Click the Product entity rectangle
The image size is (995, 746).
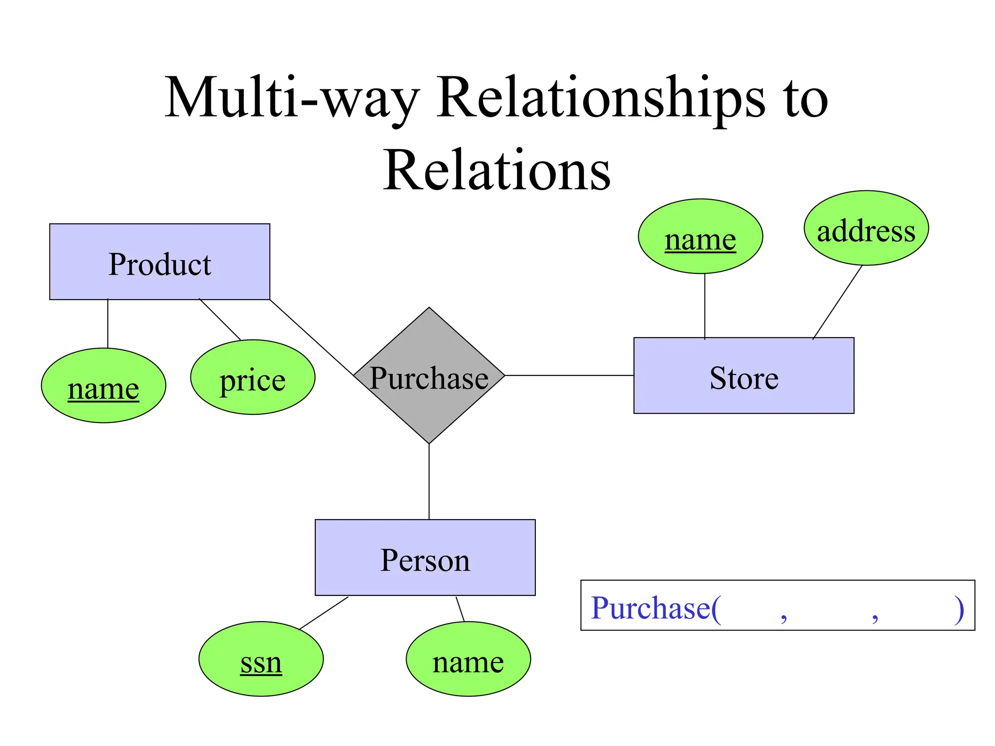pos(159,262)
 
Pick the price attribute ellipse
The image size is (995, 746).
pos(253,377)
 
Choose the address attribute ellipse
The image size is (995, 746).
pos(866,228)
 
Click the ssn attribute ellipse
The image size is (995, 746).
pos(261,659)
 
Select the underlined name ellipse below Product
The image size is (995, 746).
pos(103,386)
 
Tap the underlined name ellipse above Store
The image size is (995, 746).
pos(700,237)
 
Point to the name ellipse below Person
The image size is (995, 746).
pos(468,659)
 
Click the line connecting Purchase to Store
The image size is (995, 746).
pos(569,375)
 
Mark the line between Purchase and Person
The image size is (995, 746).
pos(429,481)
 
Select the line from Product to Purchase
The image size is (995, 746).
pos(311,337)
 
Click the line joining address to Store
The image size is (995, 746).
pos(837,302)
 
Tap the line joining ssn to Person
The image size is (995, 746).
pos(324,613)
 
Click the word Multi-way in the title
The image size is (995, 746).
pos(292,97)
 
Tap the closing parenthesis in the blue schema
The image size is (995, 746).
pos(958,609)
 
